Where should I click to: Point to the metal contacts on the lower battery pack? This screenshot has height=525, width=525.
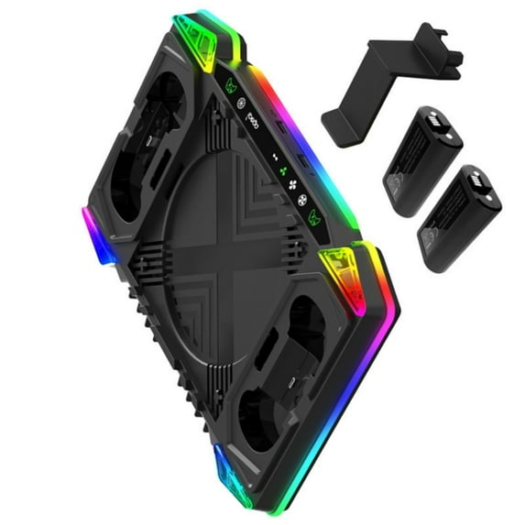(483, 188)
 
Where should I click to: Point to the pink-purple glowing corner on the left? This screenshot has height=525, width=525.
(93, 225)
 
